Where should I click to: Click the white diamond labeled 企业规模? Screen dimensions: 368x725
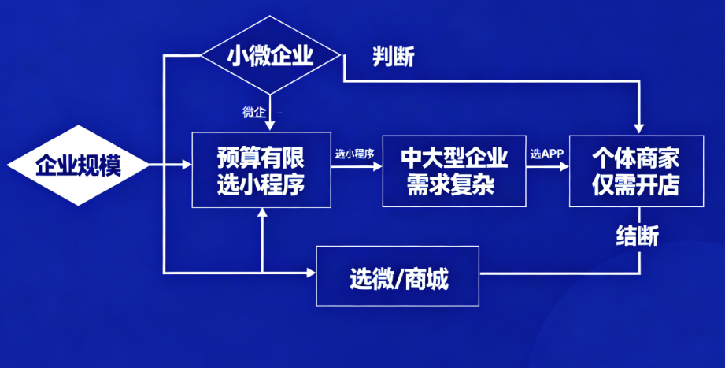[x=78, y=166]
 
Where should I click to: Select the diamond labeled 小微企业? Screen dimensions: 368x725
[x=270, y=55]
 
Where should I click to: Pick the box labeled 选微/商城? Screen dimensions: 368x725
[x=398, y=277]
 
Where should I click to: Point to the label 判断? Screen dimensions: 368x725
[x=394, y=57]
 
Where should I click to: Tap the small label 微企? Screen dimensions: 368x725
[x=253, y=112]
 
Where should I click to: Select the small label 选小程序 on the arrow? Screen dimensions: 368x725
[x=354, y=154]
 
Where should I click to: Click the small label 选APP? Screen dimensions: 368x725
[x=546, y=154]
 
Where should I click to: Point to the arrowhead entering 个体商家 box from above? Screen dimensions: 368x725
[x=639, y=128]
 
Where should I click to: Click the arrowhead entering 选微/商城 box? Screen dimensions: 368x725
[x=310, y=273]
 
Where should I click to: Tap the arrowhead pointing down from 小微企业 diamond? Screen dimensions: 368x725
[x=270, y=126]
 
